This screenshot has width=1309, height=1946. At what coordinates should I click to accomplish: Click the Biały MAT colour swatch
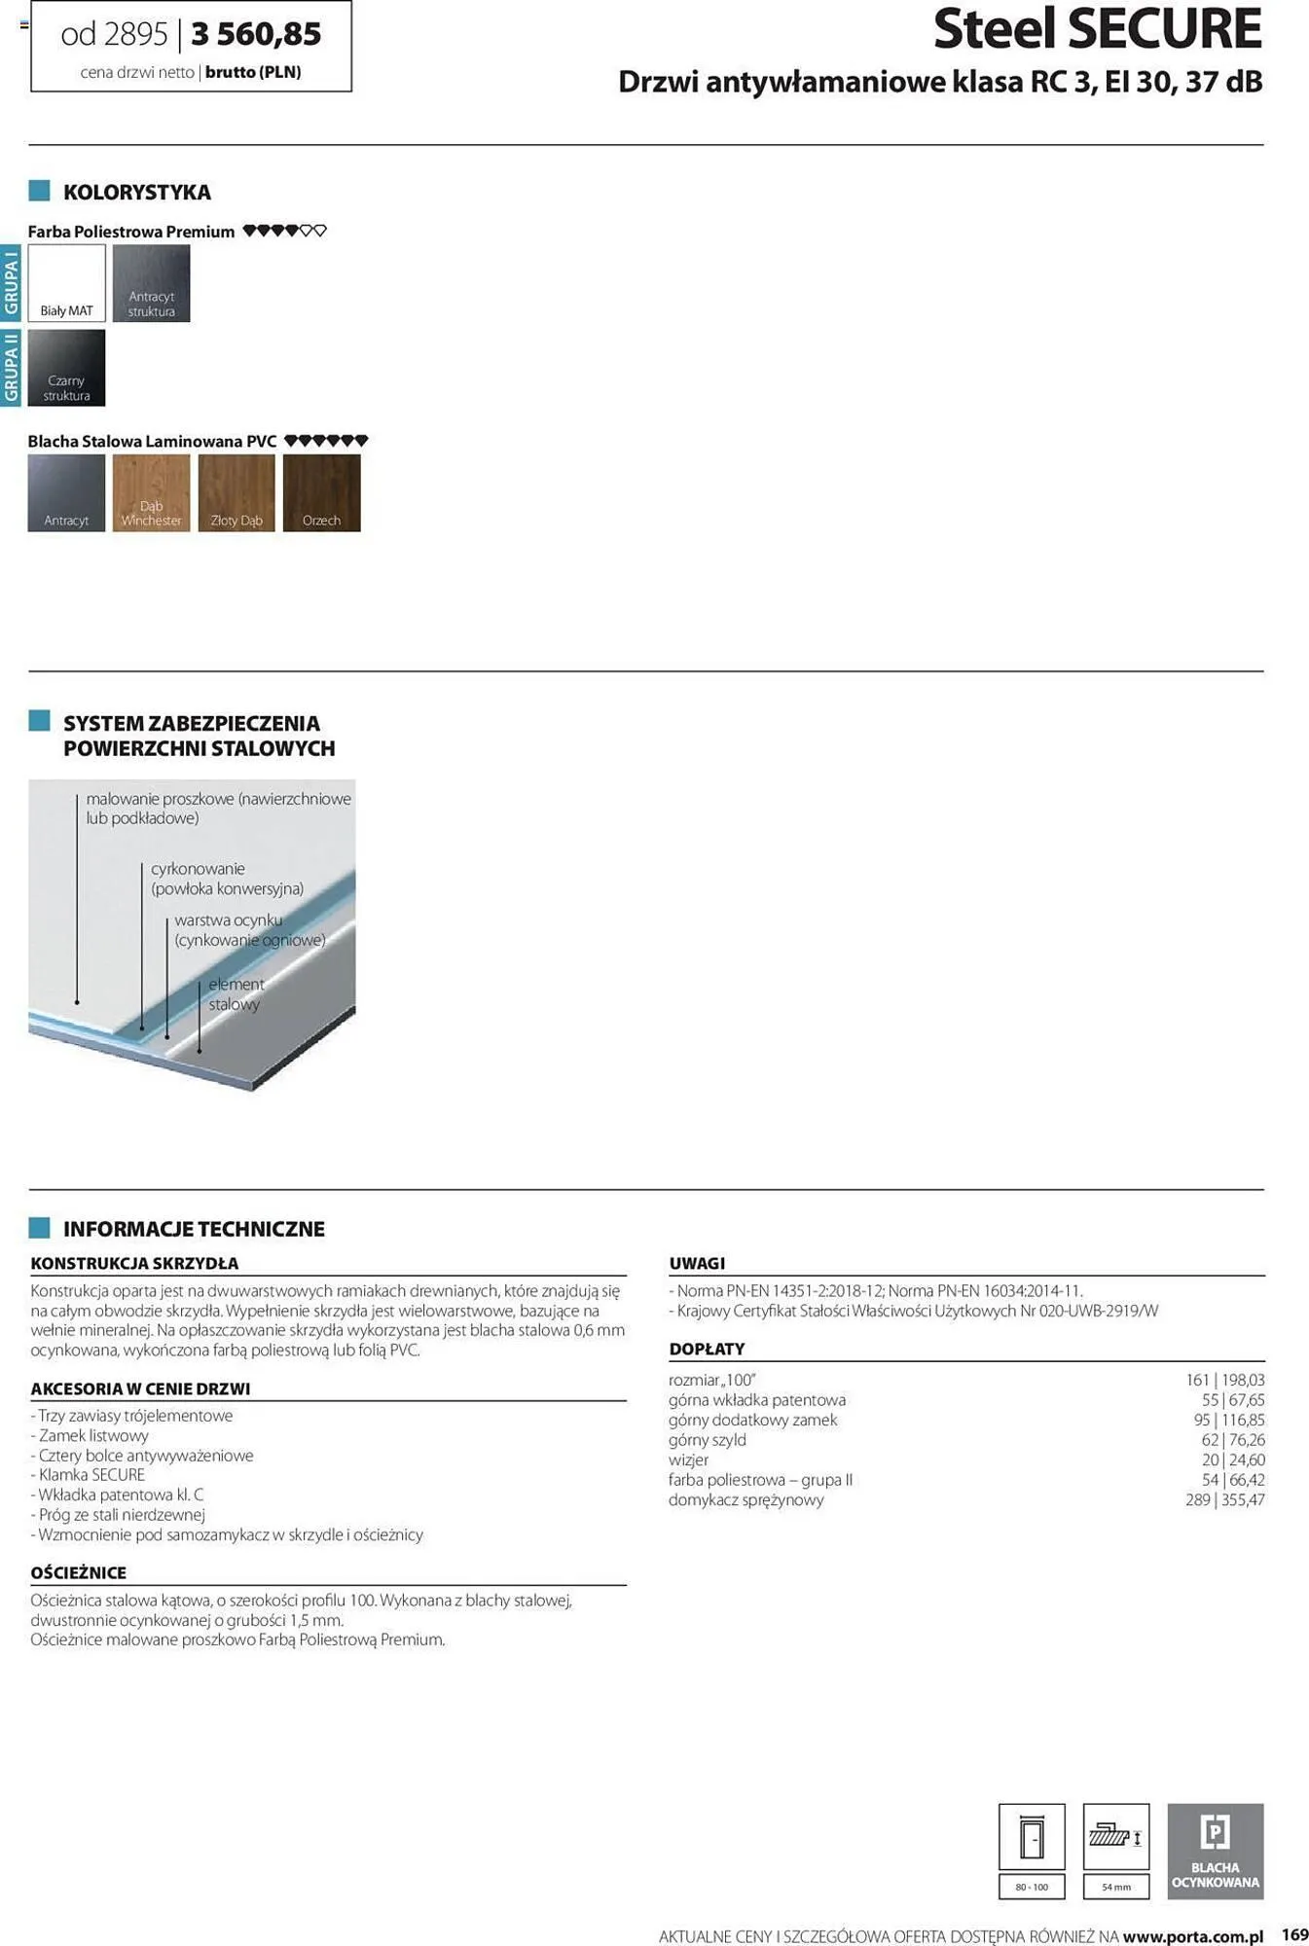(x=66, y=282)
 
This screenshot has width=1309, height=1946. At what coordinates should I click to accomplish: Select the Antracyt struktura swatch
(x=151, y=282)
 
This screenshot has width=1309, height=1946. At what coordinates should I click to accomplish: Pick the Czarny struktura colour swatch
(x=66, y=367)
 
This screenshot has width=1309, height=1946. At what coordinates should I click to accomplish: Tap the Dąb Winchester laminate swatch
(x=151, y=492)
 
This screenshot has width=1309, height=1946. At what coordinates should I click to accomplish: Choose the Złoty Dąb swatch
(x=236, y=492)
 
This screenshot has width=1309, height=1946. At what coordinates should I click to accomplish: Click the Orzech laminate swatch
(x=321, y=492)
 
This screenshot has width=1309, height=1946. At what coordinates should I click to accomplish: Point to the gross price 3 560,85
(x=256, y=34)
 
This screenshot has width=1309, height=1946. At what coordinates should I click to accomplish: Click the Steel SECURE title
(x=1097, y=29)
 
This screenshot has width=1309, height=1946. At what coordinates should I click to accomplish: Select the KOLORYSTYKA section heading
(x=136, y=192)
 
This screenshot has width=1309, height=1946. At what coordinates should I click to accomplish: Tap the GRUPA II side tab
(x=11, y=367)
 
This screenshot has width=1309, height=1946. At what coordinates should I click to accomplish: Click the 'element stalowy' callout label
(x=235, y=994)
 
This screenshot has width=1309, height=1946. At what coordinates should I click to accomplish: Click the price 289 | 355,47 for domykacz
(x=1224, y=1499)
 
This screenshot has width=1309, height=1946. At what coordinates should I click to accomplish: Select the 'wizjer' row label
(x=688, y=1459)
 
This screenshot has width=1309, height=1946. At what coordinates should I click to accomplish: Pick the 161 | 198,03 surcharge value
(x=1224, y=1380)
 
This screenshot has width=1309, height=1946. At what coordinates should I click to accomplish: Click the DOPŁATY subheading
(x=707, y=1349)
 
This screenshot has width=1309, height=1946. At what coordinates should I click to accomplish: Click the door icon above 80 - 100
(x=1032, y=1837)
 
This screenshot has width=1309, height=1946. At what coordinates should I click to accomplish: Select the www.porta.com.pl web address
(x=1192, y=1936)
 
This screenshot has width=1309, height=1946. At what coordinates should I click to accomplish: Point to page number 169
(x=1294, y=1934)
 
